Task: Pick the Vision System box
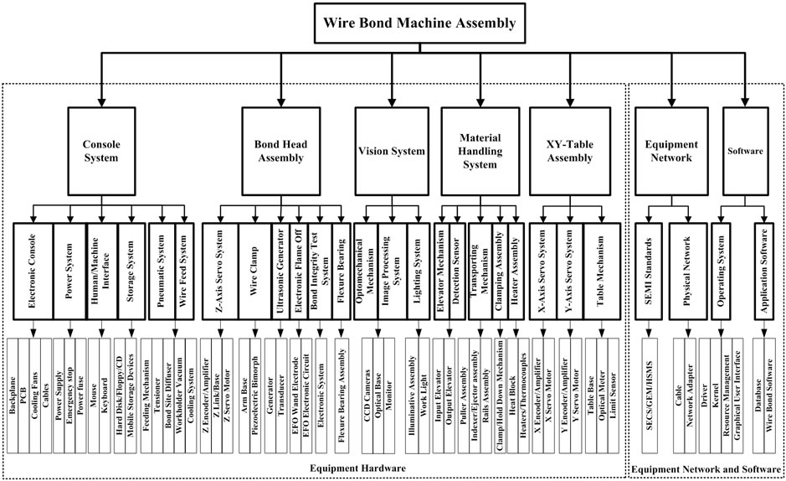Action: coord(391,152)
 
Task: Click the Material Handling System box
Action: coord(480,152)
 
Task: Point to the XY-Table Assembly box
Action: coord(568,152)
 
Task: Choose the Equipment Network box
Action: coord(667,152)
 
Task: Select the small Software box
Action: coord(745,152)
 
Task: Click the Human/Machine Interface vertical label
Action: coord(101,271)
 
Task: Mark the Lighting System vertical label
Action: coord(417,271)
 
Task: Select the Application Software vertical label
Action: coord(763,271)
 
